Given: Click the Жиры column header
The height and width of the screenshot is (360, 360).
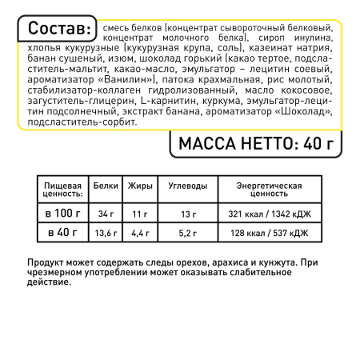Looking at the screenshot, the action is (x=140, y=186).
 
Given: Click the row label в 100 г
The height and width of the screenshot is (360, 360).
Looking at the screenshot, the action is (x=61, y=214).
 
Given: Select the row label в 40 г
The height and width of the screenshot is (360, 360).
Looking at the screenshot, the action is (x=61, y=233).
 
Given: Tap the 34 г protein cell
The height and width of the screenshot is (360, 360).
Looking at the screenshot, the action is (x=105, y=214).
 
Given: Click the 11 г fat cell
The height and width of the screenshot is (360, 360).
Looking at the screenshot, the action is (x=140, y=214).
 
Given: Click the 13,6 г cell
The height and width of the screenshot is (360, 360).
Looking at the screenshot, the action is (x=105, y=234).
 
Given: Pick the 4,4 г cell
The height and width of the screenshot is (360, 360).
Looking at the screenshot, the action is (x=140, y=234).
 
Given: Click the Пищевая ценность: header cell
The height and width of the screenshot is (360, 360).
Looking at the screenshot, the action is (x=61, y=190).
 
